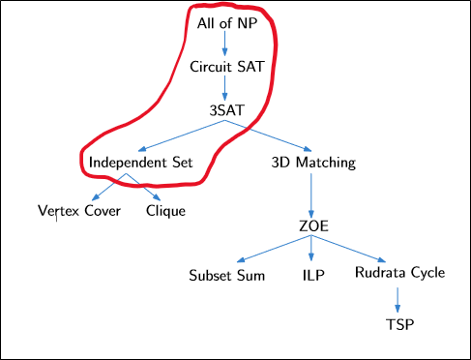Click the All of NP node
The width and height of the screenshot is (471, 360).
[x=224, y=22]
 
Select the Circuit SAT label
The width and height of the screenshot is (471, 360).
[x=224, y=67]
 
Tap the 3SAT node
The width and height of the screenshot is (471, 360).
[x=224, y=110]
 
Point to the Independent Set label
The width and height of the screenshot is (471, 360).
[x=140, y=162]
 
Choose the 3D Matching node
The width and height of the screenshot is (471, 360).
[x=312, y=162]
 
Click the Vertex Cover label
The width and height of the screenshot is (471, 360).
[x=79, y=210]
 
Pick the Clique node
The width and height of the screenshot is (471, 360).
[x=165, y=210]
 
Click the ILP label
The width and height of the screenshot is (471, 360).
[x=312, y=274]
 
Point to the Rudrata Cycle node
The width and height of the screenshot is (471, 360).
[x=399, y=273]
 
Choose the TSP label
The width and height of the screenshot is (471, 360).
[x=398, y=323]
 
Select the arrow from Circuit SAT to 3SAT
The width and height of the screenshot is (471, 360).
[x=224, y=88]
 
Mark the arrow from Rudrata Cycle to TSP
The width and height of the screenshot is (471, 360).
[x=398, y=298]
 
